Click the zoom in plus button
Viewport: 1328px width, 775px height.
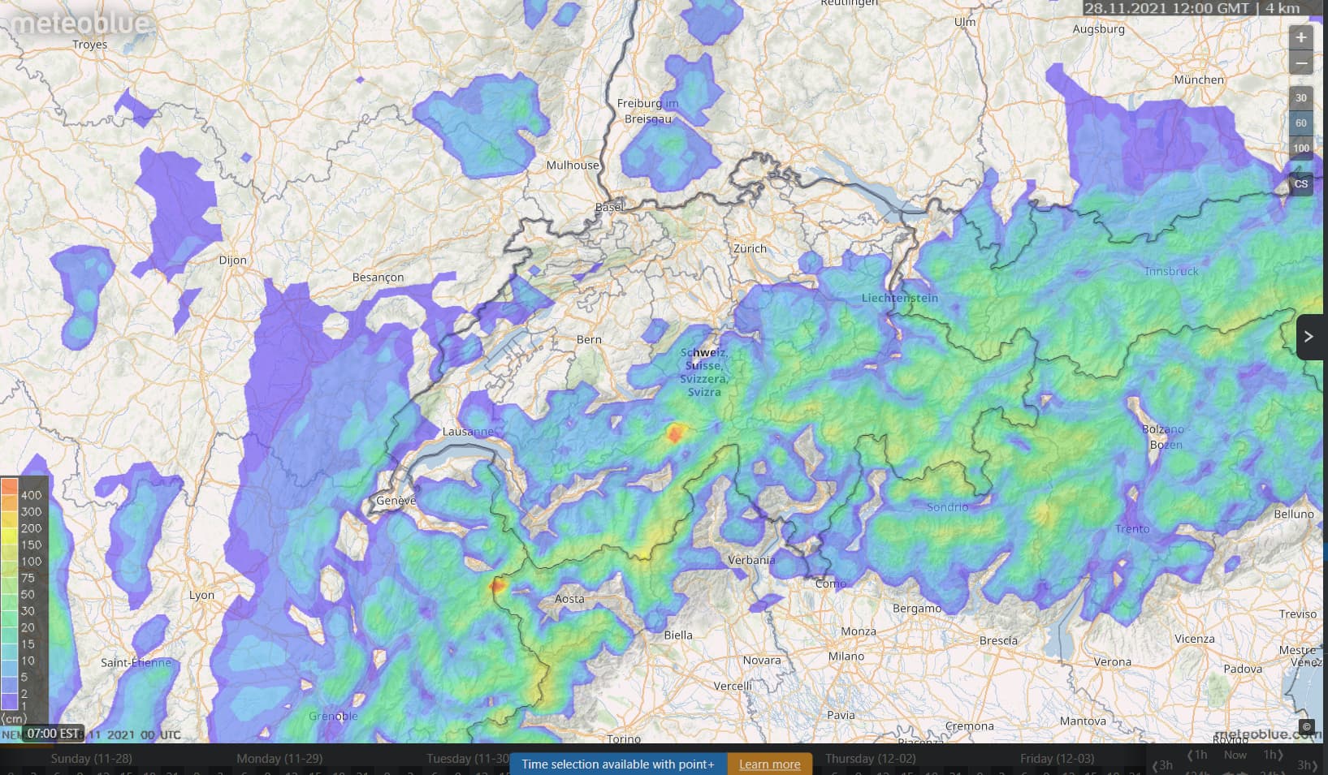pyautogui.click(x=1300, y=37)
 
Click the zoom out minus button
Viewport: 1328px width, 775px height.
pyautogui.click(x=1300, y=63)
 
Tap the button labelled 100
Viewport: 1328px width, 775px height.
pyautogui.click(x=1300, y=148)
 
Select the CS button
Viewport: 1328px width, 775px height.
pyautogui.click(x=1300, y=184)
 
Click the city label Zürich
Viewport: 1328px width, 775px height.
pyautogui.click(x=750, y=248)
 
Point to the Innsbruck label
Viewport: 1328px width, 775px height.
pyautogui.click(x=1170, y=271)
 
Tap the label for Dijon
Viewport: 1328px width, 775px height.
pyautogui.click(x=232, y=260)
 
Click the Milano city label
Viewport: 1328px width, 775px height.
pyautogui.click(x=846, y=656)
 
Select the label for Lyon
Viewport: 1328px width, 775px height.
pyautogui.click(x=201, y=595)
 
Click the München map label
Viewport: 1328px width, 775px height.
pyautogui.click(x=1198, y=80)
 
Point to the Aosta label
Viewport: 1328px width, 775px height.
pyautogui.click(x=569, y=599)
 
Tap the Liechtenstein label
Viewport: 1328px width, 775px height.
pyautogui.click(x=899, y=298)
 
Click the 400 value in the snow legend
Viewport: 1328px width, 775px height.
pyautogui.click(x=31, y=495)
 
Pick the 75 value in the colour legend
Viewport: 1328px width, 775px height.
pyautogui.click(x=28, y=578)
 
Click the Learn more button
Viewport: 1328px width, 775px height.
pyautogui.click(x=769, y=764)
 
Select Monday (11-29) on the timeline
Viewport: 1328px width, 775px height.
pyautogui.click(x=279, y=759)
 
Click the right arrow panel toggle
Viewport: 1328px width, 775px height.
pyautogui.click(x=1309, y=336)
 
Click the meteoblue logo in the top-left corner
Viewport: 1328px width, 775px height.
pyautogui.click(x=80, y=23)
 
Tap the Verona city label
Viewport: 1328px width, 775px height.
pyautogui.click(x=1112, y=661)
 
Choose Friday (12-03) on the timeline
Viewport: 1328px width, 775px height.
pyautogui.click(x=1057, y=759)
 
